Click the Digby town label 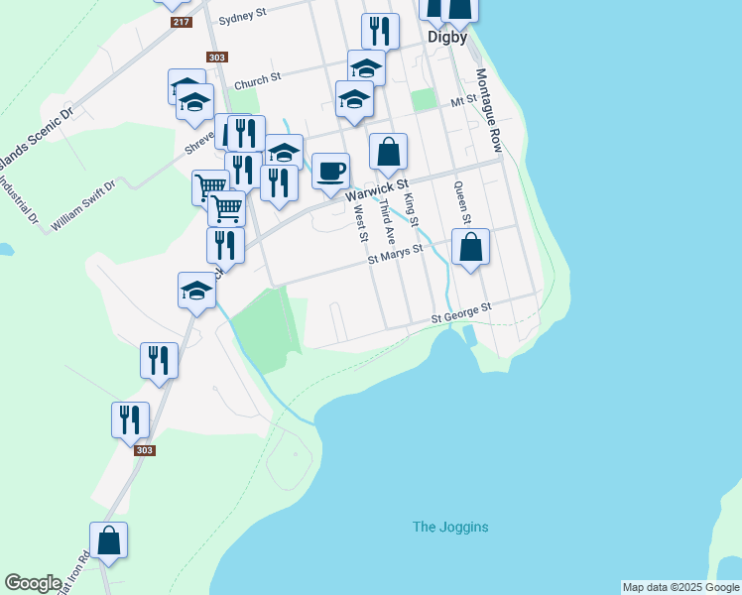tap(446, 38)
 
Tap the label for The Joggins tap(450, 527)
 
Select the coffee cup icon tap(330, 171)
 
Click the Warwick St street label tap(377, 188)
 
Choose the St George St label tap(460, 314)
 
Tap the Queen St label tap(461, 201)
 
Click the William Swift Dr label tap(83, 206)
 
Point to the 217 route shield tap(181, 22)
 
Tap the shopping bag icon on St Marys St tap(471, 247)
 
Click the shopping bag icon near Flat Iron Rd tap(109, 540)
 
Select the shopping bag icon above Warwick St tap(388, 152)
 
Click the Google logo tap(33, 583)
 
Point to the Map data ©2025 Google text tap(680, 587)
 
